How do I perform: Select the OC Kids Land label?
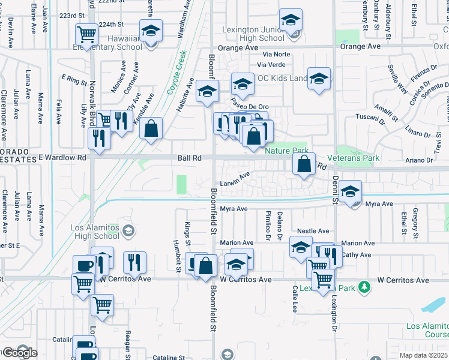pos(282,79)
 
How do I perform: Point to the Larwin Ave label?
pos(234,178)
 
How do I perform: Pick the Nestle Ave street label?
pos(313,231)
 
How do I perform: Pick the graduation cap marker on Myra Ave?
pos(350,191)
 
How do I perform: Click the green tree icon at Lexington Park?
pos(363,287)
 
